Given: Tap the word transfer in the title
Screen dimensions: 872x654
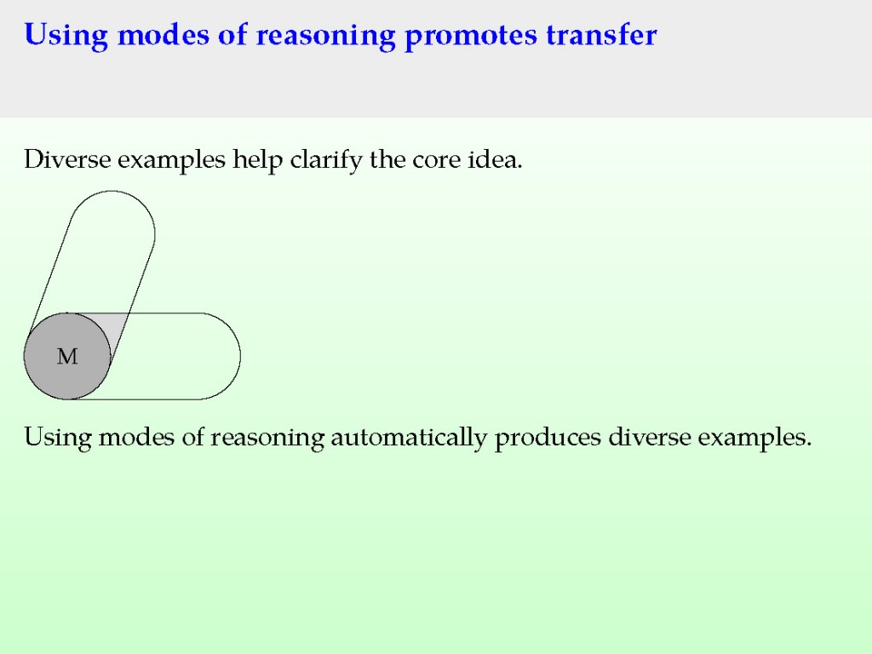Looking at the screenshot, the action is pos(602,34).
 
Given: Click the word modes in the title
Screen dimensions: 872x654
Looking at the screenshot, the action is pos(163,34).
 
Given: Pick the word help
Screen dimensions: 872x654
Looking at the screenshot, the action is pos(257,160).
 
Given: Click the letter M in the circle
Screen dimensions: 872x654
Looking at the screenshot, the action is pos(67,356).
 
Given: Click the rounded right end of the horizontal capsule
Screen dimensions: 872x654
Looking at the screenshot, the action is pos(239,356).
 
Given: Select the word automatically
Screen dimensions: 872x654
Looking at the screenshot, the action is pos(409,438).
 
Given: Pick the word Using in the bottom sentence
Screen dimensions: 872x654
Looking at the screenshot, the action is pos(58,438).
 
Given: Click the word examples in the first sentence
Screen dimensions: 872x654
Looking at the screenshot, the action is pos(172,160).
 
